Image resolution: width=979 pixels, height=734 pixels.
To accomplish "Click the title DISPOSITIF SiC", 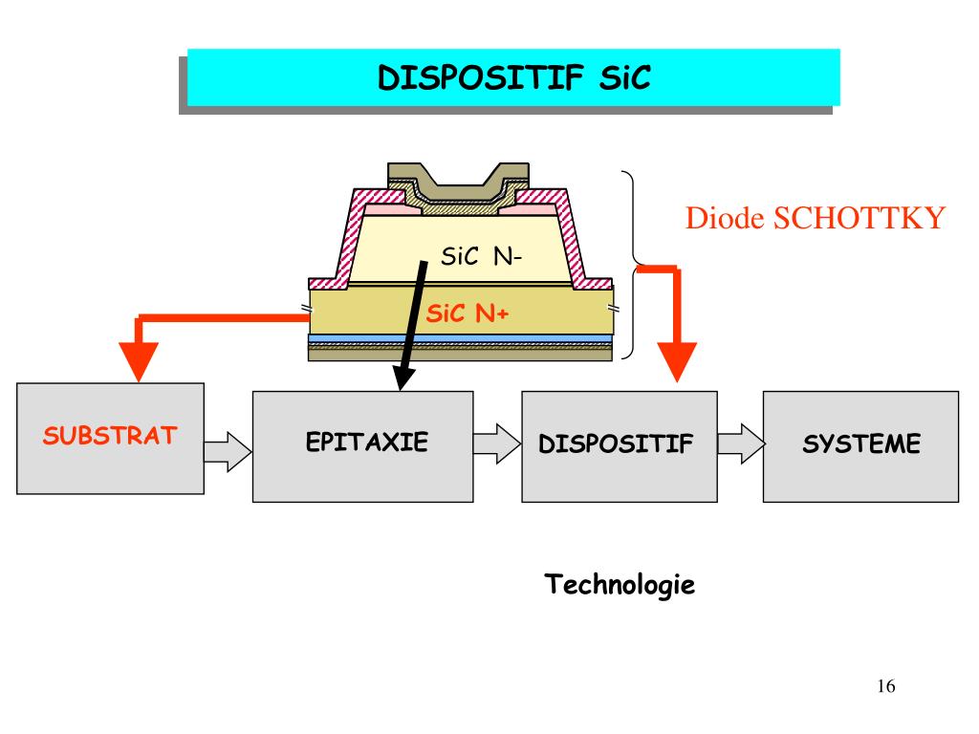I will (514, 76).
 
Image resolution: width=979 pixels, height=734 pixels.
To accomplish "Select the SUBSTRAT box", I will (110, 438).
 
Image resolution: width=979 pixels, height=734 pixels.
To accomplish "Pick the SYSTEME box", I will (859, 445).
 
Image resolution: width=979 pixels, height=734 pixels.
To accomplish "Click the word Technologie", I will (620, 583).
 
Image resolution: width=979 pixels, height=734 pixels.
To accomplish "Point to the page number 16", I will (884, 686).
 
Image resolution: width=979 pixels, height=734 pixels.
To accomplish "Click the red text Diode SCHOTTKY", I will (815, 219).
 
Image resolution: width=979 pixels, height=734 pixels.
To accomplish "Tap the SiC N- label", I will (480, 256).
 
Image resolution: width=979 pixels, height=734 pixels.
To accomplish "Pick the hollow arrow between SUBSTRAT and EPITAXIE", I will (228, 446).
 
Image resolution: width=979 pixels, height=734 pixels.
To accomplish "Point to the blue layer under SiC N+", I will (461, 338).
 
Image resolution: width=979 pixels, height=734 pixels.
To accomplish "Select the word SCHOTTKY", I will (859, 219).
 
